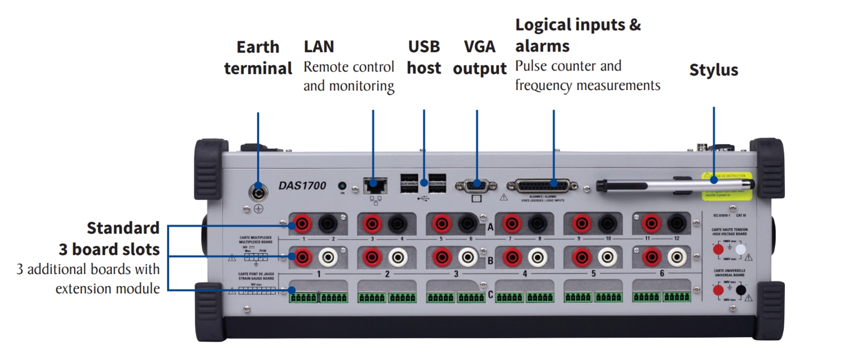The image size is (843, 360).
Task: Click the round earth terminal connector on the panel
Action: pos(258,192)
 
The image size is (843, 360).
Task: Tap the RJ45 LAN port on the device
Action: pos(375,186)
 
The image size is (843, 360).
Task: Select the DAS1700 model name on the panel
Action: pos(302,186)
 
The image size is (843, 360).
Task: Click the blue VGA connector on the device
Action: pos(476,186)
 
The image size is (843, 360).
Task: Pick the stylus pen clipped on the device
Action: pos(675,185)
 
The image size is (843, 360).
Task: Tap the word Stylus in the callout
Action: pos(714,70)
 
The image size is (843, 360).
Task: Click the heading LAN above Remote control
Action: pos(319,47)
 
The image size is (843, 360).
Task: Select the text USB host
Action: pos(424,58)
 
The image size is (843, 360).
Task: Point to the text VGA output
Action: pos(480,58)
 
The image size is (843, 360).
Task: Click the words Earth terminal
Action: pos(258,58)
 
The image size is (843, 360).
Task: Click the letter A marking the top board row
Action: pos(490,227)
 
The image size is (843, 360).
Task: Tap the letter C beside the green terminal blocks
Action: pos(490,295)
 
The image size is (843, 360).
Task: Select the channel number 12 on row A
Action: pos(677,239)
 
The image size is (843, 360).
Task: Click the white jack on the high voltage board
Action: pos(740,249)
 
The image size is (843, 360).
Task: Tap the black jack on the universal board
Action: pos(741,290)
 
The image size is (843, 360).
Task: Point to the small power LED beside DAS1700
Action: pos(342,186)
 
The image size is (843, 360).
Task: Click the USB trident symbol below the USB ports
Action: pos(423,199)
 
